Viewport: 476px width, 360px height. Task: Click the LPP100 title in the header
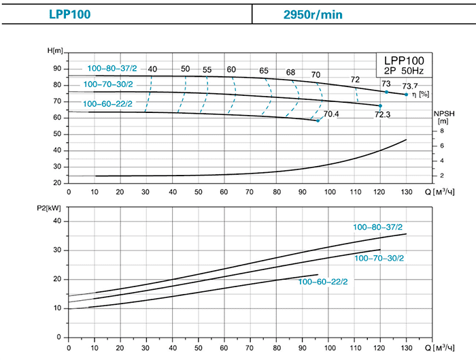point(69,13)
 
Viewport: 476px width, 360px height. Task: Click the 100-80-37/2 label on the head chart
point(112,68)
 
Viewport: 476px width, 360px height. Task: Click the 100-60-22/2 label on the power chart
point(323,281)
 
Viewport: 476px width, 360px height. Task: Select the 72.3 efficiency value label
point(384,116)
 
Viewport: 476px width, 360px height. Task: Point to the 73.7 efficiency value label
point(411,86)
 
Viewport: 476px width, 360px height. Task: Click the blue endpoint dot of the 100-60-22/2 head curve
point(318,120)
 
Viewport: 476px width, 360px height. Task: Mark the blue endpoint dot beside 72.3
point(380,106)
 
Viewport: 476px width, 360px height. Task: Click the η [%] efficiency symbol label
point(420,94)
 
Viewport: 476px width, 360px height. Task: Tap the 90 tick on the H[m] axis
point(57,69)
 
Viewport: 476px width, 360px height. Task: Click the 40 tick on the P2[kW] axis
point(57,222)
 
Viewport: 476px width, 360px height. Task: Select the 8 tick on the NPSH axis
point(442,131)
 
